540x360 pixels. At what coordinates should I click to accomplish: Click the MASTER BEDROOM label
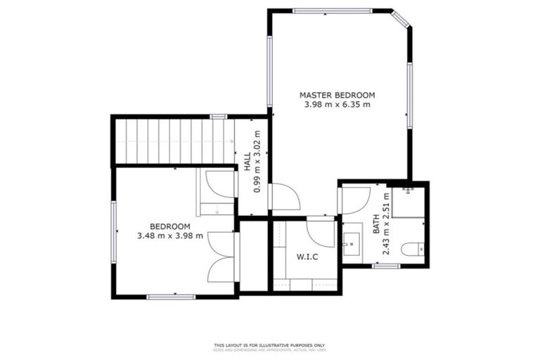tap(337, 95)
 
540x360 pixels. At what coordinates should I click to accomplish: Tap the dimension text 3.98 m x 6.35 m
tap(337, 105)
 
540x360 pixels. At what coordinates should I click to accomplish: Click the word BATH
tap(376, 224)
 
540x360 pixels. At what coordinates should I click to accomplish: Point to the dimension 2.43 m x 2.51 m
tap(386, 224)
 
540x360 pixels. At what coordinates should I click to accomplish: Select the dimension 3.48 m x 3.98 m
tap(170, 236)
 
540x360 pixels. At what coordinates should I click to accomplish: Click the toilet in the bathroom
tap(412, 248)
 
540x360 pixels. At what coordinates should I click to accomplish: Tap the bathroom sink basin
tap(351, 247)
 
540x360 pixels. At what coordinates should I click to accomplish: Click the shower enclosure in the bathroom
tap(408, 201)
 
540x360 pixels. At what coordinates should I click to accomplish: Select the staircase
tap(173, 141)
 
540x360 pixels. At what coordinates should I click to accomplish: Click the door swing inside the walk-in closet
tap(321, 231)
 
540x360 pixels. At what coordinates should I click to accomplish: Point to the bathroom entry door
tap(355, 200)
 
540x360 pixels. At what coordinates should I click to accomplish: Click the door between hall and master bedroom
tap(284, 197)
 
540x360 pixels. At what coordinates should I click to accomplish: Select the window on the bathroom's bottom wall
tap(385, 266)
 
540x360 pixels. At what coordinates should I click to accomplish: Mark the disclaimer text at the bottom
tap(269, 347)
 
